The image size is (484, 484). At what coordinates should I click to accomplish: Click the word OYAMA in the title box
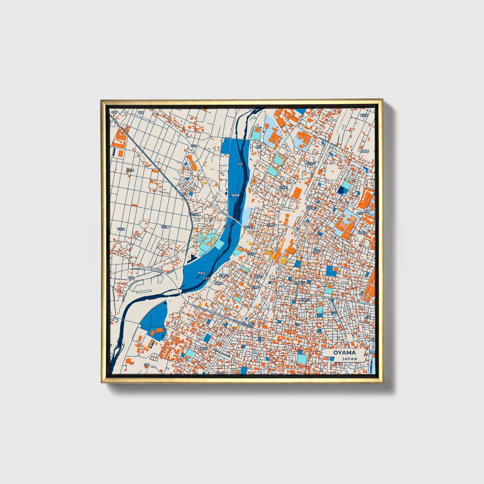[x=344, y=353]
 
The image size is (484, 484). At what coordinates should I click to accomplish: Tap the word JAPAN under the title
[x=349, y=359]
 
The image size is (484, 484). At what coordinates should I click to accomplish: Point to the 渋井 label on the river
[x=239, y=164]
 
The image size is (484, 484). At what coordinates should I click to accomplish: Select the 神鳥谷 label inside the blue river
[x=201, y=273]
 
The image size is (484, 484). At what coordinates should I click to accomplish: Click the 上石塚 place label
[x=130, y=170]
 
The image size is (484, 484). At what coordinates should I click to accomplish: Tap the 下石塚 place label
[x=121, y=229]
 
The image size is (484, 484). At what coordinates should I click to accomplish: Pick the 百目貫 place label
[x=165, y=227]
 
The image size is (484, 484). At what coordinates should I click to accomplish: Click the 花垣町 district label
[x=284, y=188]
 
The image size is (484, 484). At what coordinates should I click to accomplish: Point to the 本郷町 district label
[x=270, y=225]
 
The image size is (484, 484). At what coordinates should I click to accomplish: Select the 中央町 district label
[x=251, y=254]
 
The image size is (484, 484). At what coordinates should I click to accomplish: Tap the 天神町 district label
[x=256, y=287]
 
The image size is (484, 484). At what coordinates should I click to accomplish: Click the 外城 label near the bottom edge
[x=146, y=365]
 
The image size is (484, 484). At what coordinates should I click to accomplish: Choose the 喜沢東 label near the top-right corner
[x=364, y=115]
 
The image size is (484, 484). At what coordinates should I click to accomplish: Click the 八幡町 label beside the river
[x=223, y=275]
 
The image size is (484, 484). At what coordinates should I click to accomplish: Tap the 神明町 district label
[x=218, y=283]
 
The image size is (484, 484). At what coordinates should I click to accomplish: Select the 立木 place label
[x=194, y=146]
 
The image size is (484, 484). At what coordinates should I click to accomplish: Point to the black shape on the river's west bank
[x=193, y=258]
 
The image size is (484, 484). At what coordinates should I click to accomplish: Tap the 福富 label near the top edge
[x=141, y=113]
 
